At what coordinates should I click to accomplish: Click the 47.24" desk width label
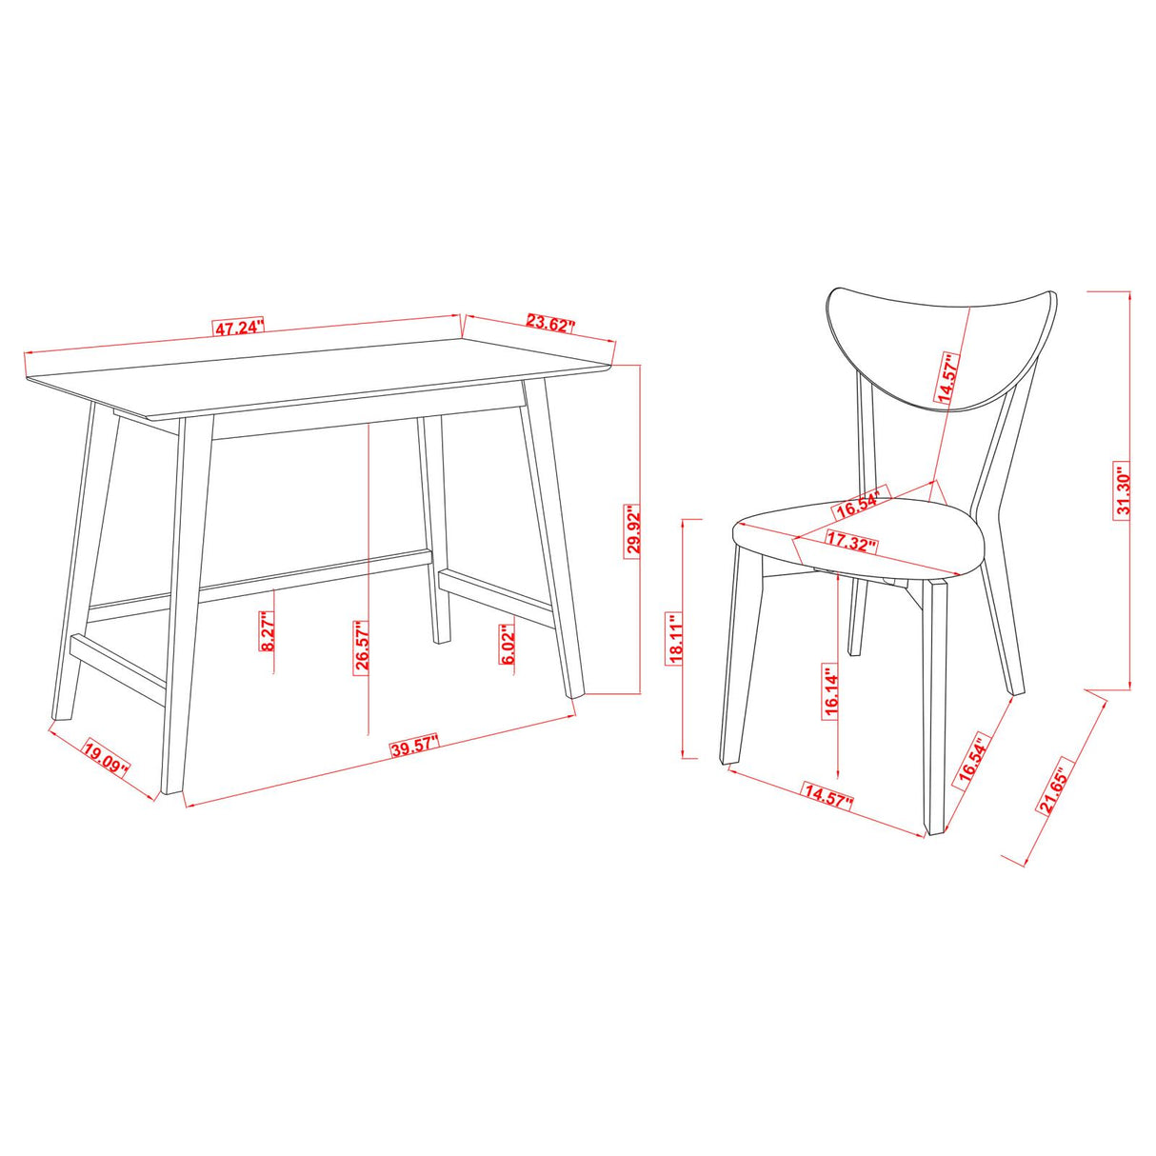coord(238,329)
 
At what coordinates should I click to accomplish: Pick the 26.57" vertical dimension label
coord(363,647)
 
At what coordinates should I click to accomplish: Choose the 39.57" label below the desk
coord(414,745)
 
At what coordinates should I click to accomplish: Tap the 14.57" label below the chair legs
coord(827,796)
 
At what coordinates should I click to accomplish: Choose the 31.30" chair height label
coord(1125,492)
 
